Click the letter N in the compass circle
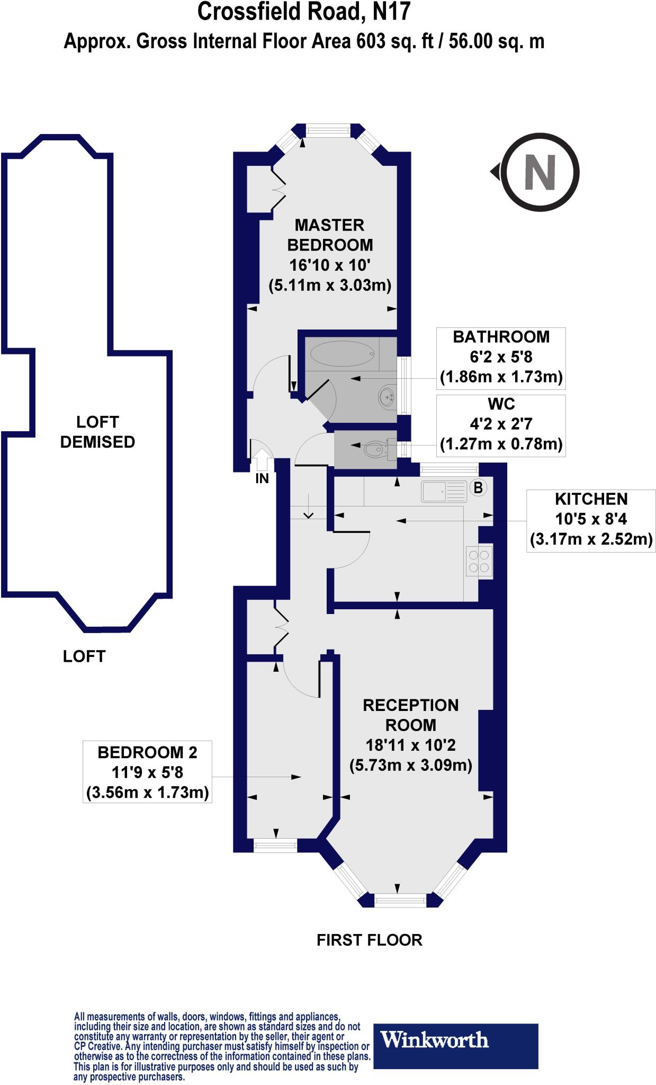pos(540,172)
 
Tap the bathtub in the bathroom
pos(342,353)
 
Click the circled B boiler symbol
pos(478,487)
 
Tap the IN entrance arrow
pos(262,460)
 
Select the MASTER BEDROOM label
pos(330,235)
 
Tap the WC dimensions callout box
pos(501,425)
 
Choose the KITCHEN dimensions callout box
pos(591,520)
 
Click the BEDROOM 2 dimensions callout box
pos(147,772)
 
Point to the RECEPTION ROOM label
pos(410,715)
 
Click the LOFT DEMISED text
pos(97,432)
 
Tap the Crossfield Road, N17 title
pos(304,12)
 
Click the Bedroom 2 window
pos(275,846)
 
